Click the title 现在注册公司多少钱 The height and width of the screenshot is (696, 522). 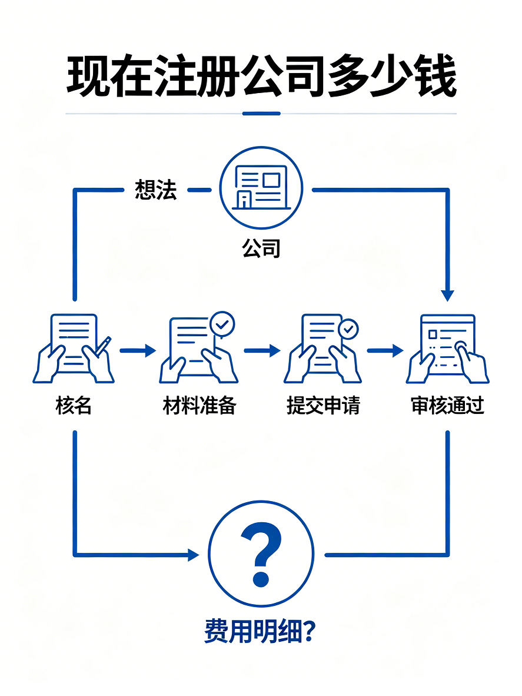click(x=261, y=75)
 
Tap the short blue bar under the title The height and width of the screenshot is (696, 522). click(x=261, y=114)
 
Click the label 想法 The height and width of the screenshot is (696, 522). click(x=156, y=190)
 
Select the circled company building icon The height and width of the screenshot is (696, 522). click(x=261, y=188)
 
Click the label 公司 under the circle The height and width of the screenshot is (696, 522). click(x=261, y=248)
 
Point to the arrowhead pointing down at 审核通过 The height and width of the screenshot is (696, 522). click(x=447, y=296)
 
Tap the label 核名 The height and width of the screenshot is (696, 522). click(x=74, y=405)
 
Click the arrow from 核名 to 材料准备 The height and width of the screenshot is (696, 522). click(x=138, y=351)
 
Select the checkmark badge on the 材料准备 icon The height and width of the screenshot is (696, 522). click(x=222, y=324)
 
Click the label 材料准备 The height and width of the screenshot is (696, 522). click(x=200, y=405)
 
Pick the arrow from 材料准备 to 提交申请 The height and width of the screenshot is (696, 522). click(x=262, y=351)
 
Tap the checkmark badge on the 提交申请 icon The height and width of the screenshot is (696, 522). click(x=348, y=329)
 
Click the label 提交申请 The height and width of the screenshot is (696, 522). click(x=323, y=405)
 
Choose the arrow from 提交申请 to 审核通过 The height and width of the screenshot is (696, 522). click(x=385, y=351)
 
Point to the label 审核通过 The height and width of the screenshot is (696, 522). click(x=447, y=405)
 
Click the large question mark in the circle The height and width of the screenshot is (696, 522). click(x=261, y=554)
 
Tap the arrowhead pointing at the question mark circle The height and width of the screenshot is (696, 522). click(x=194, y=555)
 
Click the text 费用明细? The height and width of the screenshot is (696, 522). click(x=260, y=631)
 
